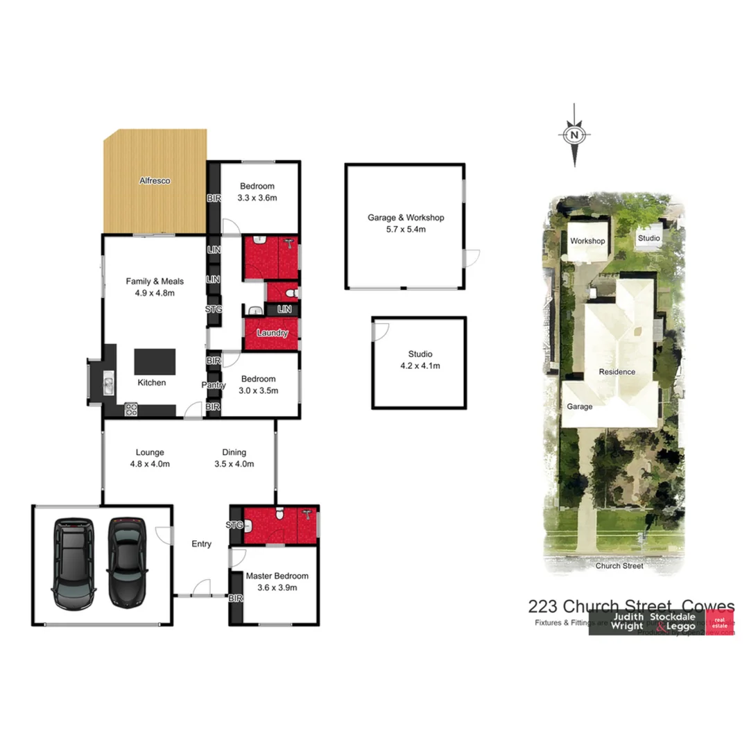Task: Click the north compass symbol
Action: (574, 135)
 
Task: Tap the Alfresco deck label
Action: (155, 181)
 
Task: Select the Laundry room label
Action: (272, 333)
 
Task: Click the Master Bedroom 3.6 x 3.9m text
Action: (277, 582)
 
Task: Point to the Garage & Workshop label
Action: (406, 223)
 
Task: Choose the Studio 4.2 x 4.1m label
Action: (420, 360)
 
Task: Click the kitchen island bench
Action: (155, 361)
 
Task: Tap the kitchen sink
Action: (108, 383)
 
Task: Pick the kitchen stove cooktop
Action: (131, 410)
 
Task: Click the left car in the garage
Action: (74, 562)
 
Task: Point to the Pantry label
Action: (213, 385)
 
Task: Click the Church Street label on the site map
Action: (619, 566)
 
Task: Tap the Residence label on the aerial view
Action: (617, 372)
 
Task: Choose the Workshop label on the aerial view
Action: (587, 241)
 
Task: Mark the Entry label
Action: (201, 544)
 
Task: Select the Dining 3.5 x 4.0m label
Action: (234, 458)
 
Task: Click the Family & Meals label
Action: (155, 286)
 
